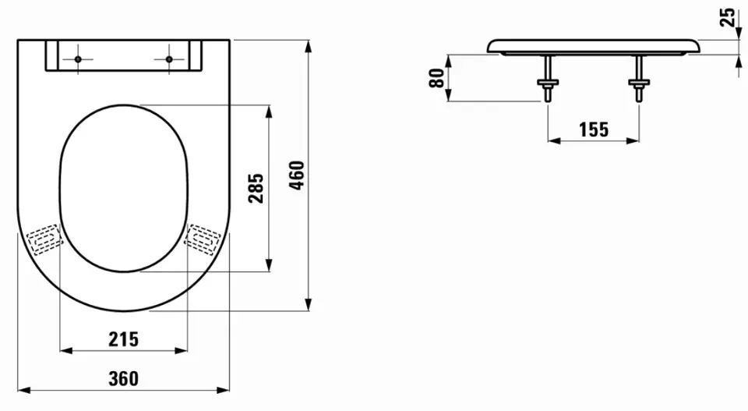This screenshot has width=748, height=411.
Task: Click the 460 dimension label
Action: point(297,175)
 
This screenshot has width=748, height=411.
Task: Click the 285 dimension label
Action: point(256,188)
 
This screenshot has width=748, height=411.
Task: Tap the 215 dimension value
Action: point(124,339)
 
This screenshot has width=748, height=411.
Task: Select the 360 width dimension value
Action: point(124,378)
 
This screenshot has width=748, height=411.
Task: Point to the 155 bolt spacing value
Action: point(594,129)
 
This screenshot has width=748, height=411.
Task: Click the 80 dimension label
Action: point(436,78)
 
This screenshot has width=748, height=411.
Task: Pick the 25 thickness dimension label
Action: point(728,18)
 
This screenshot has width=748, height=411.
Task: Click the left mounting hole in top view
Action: point(78,59)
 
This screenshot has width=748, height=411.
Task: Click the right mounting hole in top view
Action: point(169,59)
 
